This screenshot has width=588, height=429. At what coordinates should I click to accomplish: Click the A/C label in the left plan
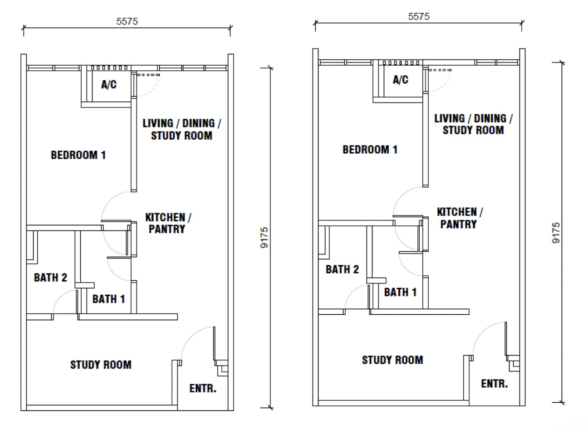point(109,84)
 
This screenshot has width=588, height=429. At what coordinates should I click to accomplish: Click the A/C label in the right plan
point(401,80)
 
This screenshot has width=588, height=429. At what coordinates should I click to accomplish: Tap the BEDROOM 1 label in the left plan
point(78,155)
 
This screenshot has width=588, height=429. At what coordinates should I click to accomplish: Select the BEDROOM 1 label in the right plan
point(370,150)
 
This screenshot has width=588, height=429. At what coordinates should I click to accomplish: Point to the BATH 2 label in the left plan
point(51,278)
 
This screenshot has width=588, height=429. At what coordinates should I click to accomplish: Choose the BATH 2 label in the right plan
point(342,269)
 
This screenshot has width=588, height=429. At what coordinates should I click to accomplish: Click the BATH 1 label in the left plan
point(109,299)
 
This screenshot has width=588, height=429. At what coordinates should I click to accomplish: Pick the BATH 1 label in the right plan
point(401,292)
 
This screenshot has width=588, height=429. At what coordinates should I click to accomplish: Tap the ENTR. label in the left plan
point(203,389)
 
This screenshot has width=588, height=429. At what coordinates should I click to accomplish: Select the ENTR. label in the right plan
point(495,384)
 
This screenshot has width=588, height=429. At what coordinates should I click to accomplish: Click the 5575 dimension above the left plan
point(127,21)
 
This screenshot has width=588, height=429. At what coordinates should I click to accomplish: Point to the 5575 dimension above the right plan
point(419,17)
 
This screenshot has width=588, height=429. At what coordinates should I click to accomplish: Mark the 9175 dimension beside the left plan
point(264,238)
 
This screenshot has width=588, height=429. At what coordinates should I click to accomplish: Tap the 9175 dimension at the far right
point(556,233)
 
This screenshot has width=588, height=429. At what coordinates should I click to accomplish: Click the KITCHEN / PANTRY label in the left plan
point(168,223)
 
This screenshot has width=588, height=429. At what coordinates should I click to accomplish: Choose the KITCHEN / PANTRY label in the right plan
point(460,218)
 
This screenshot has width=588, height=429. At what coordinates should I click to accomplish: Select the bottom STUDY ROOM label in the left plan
point(101,365)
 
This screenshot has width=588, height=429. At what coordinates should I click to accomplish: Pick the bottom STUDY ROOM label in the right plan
point(393,360)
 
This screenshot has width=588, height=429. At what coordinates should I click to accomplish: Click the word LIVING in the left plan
point(158,123)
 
